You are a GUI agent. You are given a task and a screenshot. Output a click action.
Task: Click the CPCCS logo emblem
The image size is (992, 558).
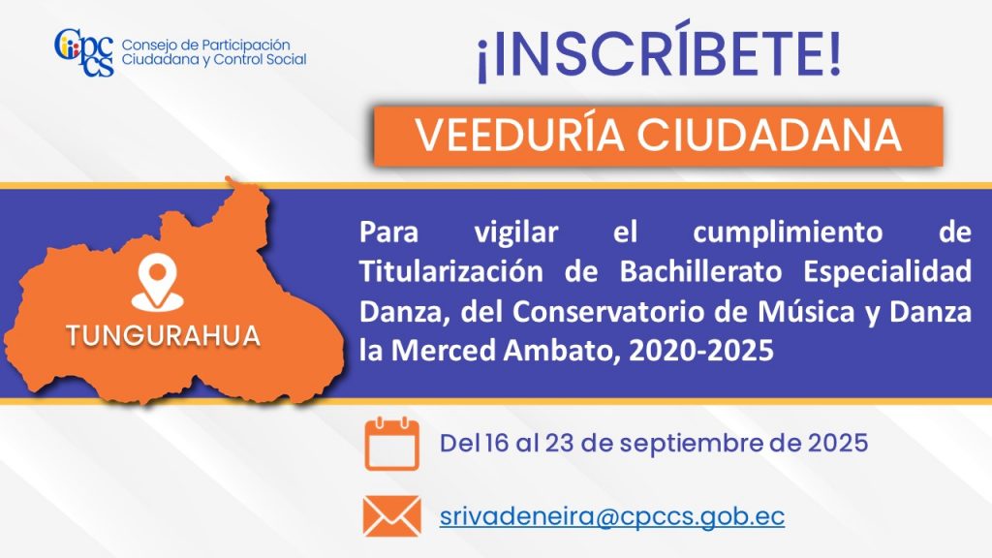coord(84,52)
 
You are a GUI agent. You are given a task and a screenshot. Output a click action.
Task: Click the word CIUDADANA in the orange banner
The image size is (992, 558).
coord(768,135)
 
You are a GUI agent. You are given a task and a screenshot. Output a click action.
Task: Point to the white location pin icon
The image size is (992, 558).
coord(158,283)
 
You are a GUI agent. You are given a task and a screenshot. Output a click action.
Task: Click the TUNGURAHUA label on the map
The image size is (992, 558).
coord(163,336)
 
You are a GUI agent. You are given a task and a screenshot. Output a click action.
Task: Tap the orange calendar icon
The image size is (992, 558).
coord(392,444)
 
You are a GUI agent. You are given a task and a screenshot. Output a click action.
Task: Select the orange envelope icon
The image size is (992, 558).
coord(392,516)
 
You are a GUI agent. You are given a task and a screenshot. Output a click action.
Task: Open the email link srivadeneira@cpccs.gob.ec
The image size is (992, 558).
coord(612,517)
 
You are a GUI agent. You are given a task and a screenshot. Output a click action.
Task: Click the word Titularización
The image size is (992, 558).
coord(451,271)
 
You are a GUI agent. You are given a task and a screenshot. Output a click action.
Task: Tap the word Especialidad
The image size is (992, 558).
coord(887,272)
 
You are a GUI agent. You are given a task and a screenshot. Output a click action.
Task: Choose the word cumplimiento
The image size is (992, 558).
coord(788,232)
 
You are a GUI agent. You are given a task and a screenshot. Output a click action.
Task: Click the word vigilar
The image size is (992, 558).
coord(516,233)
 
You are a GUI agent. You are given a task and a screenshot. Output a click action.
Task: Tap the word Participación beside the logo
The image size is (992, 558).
coord(245,46)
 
